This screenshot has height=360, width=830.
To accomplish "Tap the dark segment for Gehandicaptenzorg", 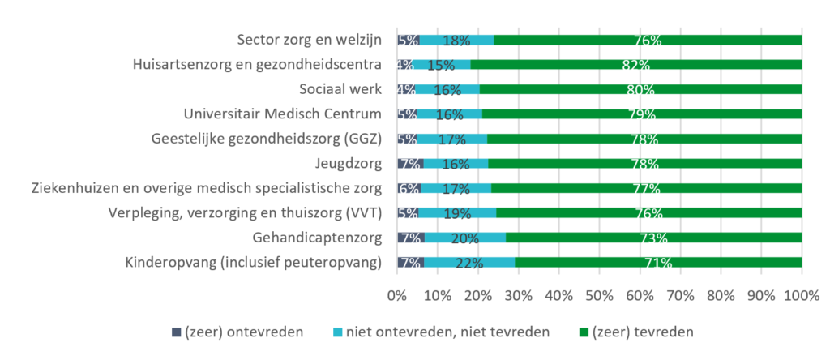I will (x=410, y=238).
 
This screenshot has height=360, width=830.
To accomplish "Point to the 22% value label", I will (x=469, y=264).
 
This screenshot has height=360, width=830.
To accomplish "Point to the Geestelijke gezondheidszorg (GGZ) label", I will (x=267, y=139).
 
